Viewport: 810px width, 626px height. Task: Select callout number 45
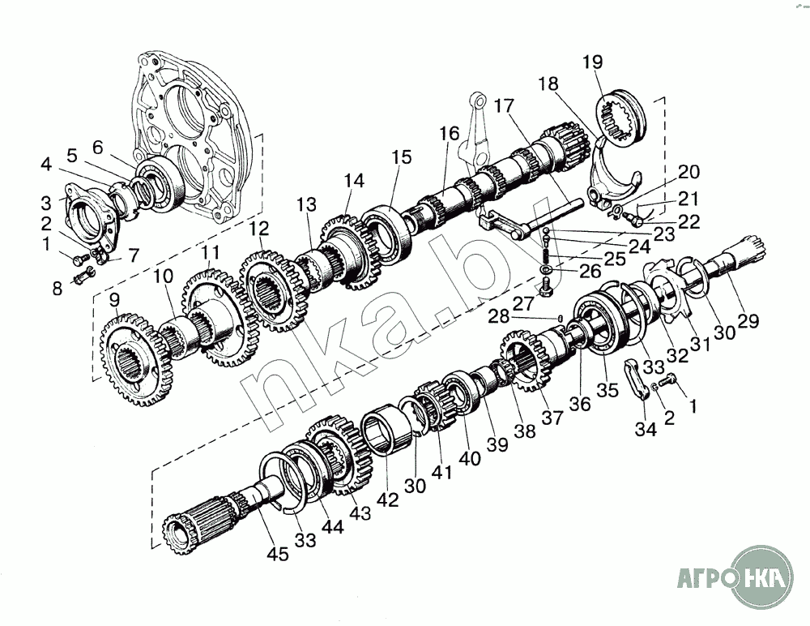[x=278, y=555]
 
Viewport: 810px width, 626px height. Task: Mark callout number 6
[x=97, y=147]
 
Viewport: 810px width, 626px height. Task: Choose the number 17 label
[x=504, y=105]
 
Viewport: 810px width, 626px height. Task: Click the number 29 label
[x=748, y=320]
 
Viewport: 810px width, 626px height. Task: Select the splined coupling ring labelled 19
[x=622, y=122]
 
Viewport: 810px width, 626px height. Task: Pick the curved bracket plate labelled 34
[x=637, y=379]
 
